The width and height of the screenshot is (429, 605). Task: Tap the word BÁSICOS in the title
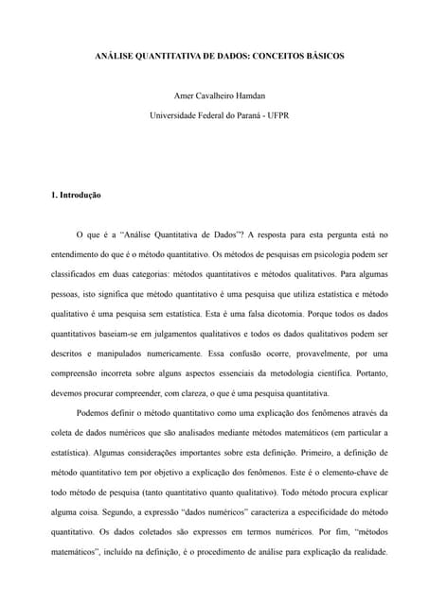[x=324, y=57]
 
